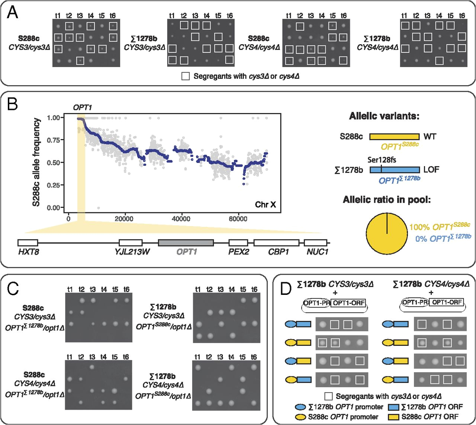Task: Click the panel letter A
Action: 13,13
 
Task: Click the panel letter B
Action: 13,104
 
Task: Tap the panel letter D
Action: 286,288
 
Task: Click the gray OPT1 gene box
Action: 186,243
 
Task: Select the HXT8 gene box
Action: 28,243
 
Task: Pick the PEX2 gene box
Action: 238,243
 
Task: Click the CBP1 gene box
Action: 276,243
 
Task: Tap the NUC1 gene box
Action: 315,243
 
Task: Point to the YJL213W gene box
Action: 131,243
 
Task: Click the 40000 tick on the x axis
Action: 181,219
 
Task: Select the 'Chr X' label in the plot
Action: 265,205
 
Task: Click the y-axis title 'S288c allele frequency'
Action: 36,162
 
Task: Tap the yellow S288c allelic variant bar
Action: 394,136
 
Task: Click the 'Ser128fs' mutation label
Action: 382,160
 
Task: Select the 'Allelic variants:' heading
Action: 384,116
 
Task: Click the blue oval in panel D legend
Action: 300,407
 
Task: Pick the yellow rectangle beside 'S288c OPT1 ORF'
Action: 393,417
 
